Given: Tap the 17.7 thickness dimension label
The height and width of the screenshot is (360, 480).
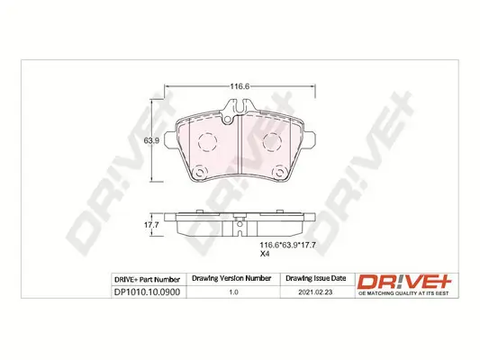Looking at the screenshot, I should pos(153,226).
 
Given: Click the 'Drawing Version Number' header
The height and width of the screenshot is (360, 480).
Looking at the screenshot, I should pos(233,279).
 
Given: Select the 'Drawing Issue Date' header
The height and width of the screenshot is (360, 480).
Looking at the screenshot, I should pos(314,279).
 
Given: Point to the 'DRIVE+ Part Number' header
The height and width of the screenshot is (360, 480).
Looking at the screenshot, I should pos(148,279).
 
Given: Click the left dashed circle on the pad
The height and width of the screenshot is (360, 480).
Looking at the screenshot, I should pos(206,142).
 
